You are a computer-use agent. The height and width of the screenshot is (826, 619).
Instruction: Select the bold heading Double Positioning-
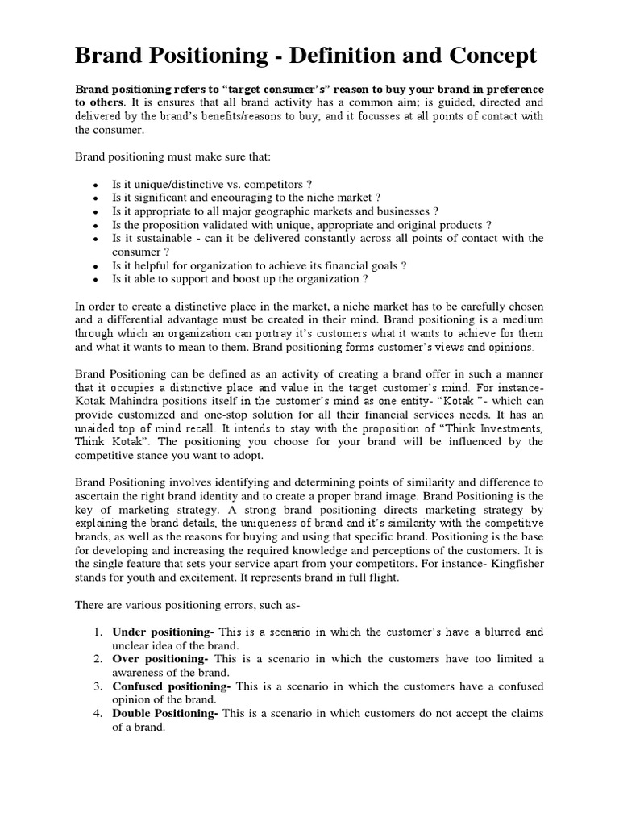(165, 713)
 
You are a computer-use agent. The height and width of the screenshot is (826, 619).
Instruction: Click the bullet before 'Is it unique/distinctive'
(95, 184)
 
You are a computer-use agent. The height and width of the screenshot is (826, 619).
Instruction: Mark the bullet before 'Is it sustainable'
(95, 239)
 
